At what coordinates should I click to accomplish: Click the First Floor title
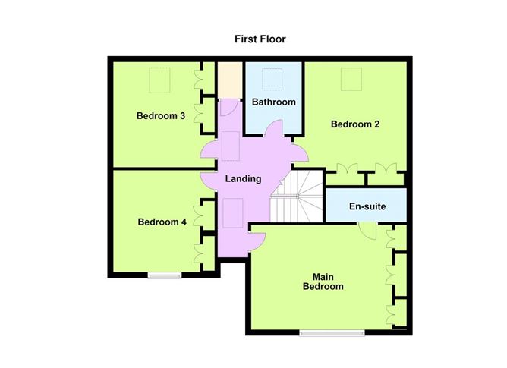click(260, 39)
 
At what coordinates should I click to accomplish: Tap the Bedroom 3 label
click(161, 116)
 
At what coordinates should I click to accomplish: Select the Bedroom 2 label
click(355, 124)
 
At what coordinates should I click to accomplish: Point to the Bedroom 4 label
click(162, 222)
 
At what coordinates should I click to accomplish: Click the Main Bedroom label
click(323, 282)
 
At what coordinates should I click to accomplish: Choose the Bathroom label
click(273, 102)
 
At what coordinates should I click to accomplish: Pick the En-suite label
click(367, 206)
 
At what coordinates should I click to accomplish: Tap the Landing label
click(243, 179)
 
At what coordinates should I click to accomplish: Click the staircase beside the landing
click(297, 197)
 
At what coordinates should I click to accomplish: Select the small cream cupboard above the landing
click(230, 80)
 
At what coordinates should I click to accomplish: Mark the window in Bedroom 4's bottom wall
click(165, 275)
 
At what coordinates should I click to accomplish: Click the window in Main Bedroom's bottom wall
click(332, 333)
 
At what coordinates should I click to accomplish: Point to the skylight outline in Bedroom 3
click(159, 80)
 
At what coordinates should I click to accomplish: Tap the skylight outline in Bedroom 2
click(351, 79)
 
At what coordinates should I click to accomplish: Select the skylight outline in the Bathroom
click(272, 79)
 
